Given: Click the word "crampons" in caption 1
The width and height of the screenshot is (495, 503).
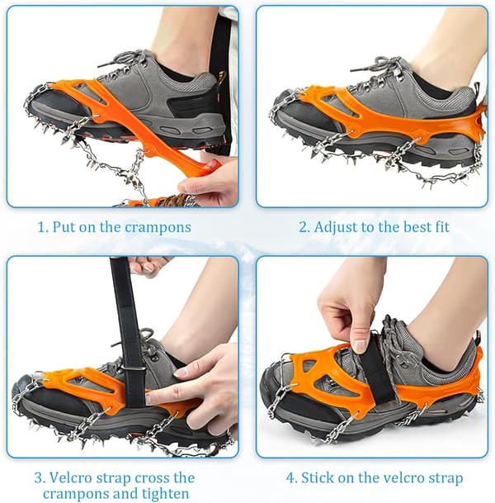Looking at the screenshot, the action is (158, 228).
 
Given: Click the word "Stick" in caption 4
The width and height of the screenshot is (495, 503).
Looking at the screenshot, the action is (316, 478).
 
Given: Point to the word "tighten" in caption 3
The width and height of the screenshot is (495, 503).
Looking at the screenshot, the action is (165, 493).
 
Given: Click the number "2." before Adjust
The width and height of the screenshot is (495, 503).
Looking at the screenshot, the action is (304, 227).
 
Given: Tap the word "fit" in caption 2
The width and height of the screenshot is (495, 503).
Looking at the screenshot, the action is (442, 227).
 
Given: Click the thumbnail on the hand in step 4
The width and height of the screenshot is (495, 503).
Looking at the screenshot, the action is (360, 346).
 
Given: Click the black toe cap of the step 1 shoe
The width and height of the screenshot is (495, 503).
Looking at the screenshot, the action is (58, 103).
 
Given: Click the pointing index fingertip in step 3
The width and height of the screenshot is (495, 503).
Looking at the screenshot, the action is (150, 399).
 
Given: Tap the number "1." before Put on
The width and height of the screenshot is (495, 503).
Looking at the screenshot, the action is (43, 228).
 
